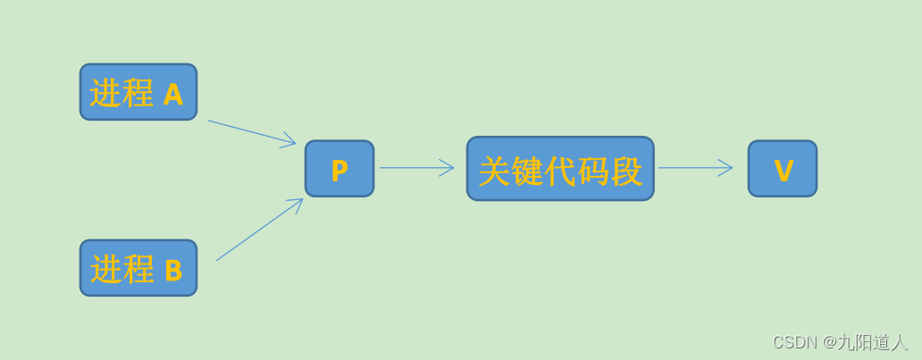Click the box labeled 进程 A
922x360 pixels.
point(138,92)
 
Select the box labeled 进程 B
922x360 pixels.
point(138,268)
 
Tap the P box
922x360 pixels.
point(339,169)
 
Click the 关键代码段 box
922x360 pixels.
point(560,169)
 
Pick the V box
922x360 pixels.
point(783,169)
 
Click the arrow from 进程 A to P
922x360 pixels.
point(251,132)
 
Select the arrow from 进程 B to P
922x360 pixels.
point(258,230)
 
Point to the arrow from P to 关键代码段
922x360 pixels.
point(415,168)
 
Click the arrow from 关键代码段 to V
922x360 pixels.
point(695,168)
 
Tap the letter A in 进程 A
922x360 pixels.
point(173,94)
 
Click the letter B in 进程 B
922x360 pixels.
point(173,270)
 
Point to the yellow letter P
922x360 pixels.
point(339,171)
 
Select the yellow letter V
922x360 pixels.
point(784,171)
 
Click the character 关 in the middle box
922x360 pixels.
point(495,172)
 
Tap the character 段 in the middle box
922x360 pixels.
point(626,172)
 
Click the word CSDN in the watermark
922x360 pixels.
point(794,342)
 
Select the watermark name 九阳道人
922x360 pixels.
point(872,342)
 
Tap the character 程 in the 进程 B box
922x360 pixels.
point(138,269)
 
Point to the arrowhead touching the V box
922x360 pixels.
point(726,168)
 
